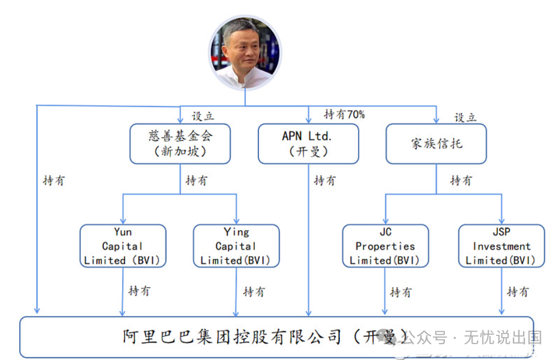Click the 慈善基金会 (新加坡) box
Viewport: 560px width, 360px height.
click(x=180, y=143)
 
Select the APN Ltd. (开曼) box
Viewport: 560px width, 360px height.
click(x=308, y=143)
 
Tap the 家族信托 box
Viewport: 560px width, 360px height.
click(x=436, y=143)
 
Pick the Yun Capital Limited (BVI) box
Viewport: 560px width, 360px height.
click(x=123, y=246)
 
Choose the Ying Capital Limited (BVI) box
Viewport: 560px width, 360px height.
click(x=236, y=246)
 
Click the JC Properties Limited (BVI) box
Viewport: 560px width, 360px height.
click(x=385, y=246)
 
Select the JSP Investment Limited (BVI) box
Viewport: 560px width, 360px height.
click(x=501, y=246)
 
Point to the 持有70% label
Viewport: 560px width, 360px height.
click(x=345, y=115)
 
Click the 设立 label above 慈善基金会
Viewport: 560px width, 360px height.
click(x=203, y=116)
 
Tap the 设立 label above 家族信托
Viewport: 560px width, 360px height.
click(x=465, y=117)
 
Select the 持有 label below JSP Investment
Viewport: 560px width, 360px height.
click(x=518, y=291)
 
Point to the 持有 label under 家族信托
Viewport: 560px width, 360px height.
click(x=461, y=180)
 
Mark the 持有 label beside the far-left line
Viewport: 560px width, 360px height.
click(x=53, y=180)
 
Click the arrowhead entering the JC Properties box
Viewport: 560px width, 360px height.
click(x=385, y=220)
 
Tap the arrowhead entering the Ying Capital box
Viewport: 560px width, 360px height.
click(x=236, y=220)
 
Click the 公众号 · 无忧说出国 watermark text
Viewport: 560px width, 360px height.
click(x=473, y=338)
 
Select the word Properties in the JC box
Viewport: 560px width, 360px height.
click(x=385, y=246)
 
